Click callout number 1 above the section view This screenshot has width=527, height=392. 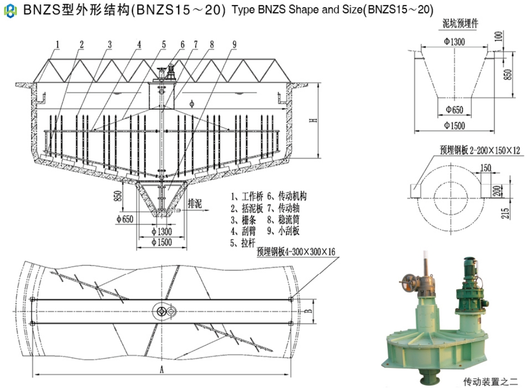tap(58, 43)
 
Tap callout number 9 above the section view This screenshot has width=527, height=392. tap(234, 43)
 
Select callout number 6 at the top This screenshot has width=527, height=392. tap(182, 43)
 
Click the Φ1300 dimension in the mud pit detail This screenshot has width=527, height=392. tap(454, 42)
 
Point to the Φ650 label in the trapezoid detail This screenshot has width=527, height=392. tap(454, 109)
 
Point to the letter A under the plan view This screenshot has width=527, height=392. tap(161, 369)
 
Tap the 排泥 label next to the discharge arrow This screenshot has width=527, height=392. tap(195, 202)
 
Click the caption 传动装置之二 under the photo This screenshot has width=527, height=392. tap(490, 381)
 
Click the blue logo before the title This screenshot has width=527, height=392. tap(10, 10)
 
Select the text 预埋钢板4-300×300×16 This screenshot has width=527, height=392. tap(296, 252)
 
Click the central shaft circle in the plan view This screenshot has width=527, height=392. tap(161, 311)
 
